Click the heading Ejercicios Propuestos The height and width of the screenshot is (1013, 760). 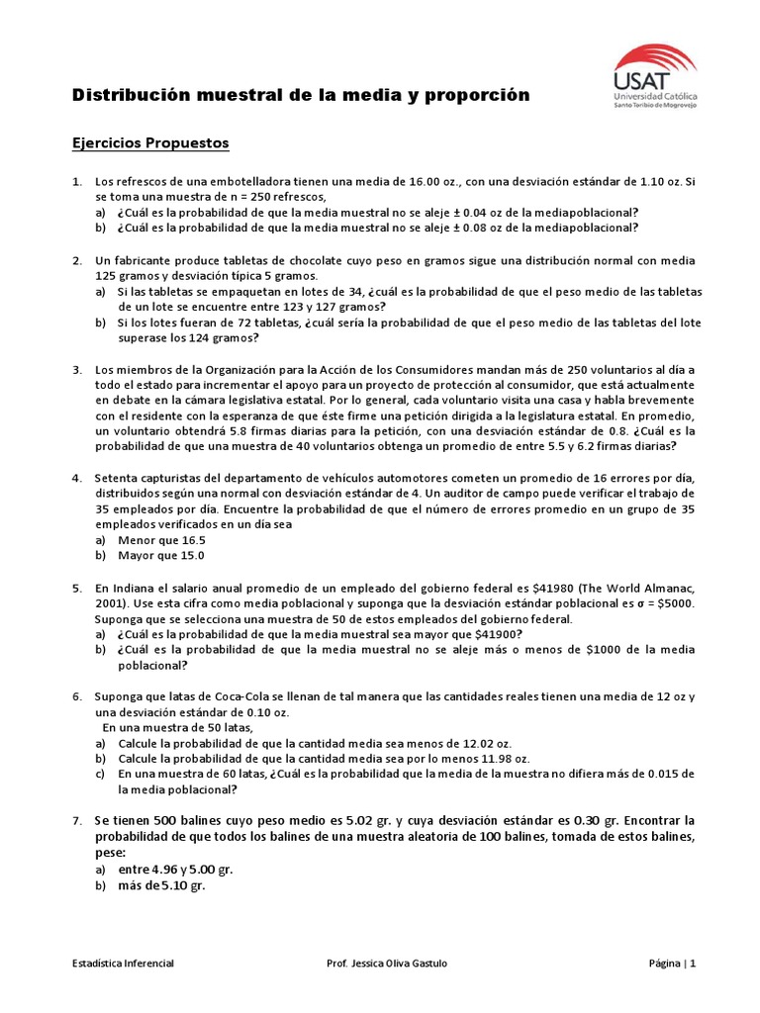pos(150,143)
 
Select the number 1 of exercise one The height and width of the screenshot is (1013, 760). pos(76,182)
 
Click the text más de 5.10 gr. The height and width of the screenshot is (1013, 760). pos(160,886)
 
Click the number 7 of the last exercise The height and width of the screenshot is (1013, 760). pos(76,820)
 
